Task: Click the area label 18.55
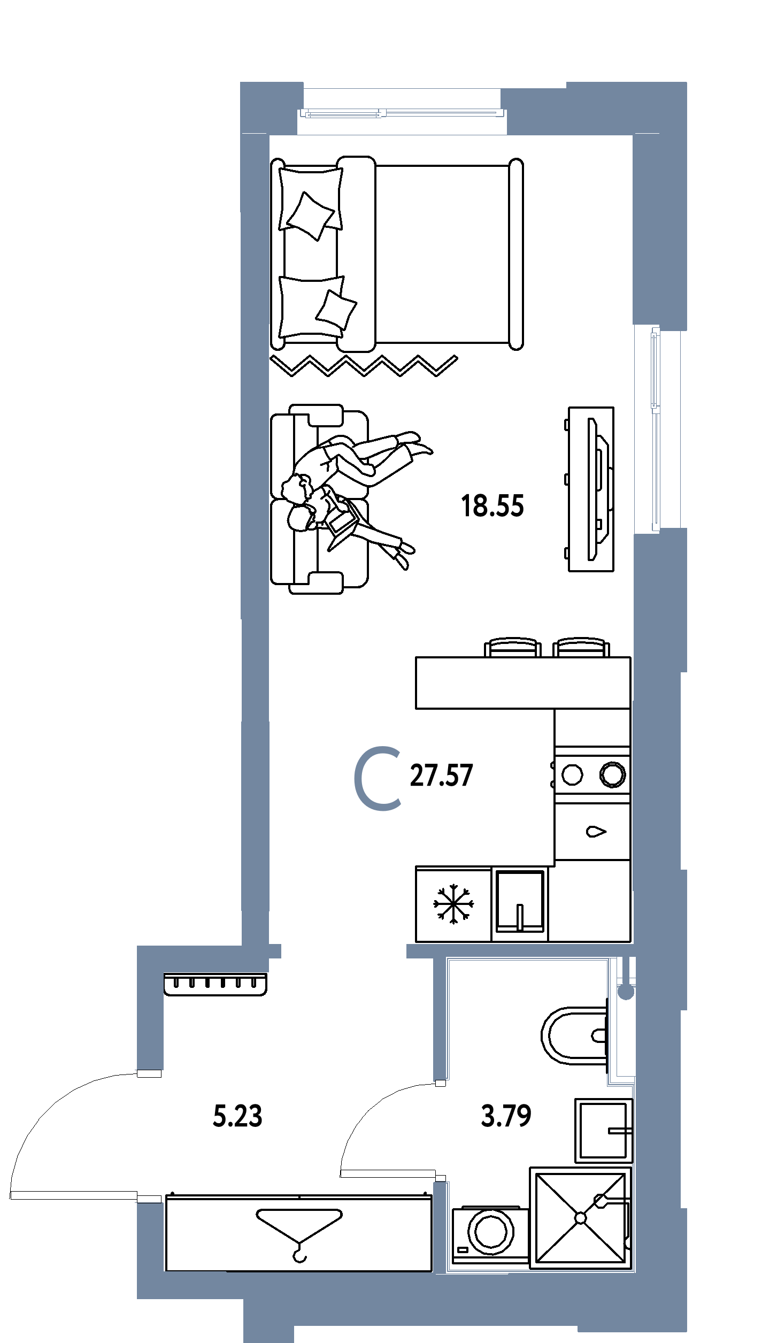coord(492,506)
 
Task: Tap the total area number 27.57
coord(441,776)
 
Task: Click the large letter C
coord(357,779)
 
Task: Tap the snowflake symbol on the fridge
coord(453,904)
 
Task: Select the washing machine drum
coord(491,1231)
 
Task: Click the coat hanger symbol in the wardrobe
coord(299,1234)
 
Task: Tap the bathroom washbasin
coord(604,1130)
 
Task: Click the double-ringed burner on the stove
coord(612,774)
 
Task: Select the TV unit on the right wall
coord(591,489)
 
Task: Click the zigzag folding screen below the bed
coord(364,365)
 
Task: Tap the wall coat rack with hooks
coord(215,984)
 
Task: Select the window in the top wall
coord(402,113)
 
